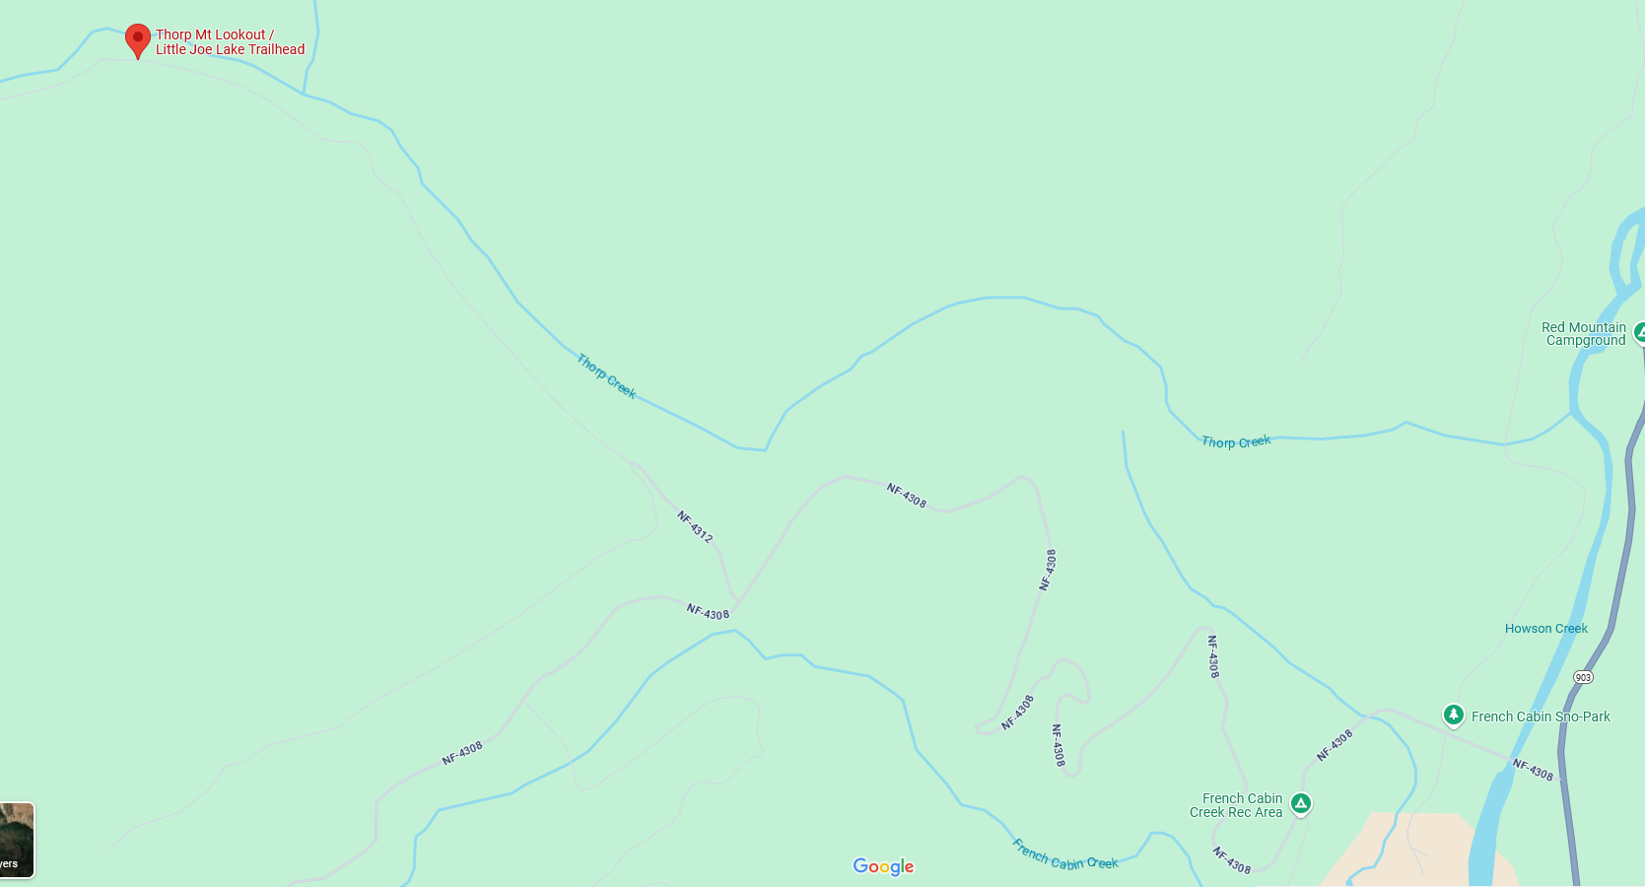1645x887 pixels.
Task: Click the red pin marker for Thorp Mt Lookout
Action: pos(138,39)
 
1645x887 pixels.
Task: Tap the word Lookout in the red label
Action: pos(240,34)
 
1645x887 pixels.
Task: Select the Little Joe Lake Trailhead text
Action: pos(230,49)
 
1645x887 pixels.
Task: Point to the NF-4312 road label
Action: pos(695,526)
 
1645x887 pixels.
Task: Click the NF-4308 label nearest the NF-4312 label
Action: pos(708,612)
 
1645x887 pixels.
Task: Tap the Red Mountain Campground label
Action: pos(1584,334)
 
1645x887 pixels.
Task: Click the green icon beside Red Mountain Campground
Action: pos(1639,333)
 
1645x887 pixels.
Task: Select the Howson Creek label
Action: pos(1545,629)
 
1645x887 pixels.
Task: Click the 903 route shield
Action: pos(1583,677)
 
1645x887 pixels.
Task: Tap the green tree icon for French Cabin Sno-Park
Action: pos(1453,716)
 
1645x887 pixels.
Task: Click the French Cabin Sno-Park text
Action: pos(1541,716)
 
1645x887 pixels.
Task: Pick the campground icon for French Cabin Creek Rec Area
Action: pos(1301,804)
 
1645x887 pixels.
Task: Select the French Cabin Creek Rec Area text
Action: pos(1236,805)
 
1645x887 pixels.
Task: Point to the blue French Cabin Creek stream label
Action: pos(1064,855)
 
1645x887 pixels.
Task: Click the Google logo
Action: pos(883,866)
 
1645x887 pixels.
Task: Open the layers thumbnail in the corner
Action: pos(17,840)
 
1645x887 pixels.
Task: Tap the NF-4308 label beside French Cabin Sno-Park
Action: pos(1533,770)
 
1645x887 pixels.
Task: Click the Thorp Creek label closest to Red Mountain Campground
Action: pos(1236,443)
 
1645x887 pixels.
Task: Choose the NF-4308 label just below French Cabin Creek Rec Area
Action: pos(1231,860)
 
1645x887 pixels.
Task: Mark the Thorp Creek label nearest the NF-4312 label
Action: pos(606,376)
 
